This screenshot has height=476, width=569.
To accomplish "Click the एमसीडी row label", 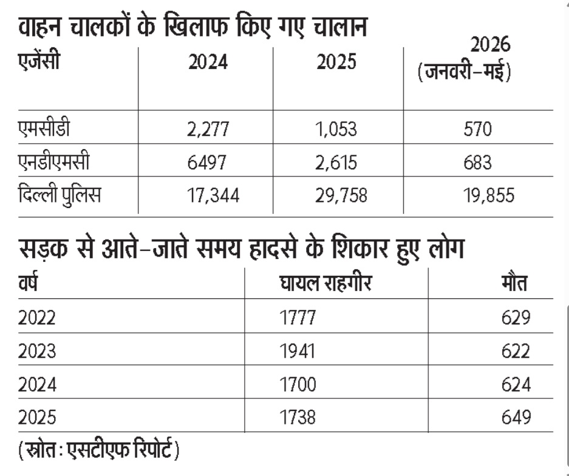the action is pyautogui.click(x=44, y=128).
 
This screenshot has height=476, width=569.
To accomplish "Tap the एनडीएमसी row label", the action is pyautogui.click(x=53, y=161).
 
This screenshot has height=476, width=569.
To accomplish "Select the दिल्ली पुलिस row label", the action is pyautogui.click(x=60, y=195).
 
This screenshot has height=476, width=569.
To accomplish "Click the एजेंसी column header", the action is pyautogui.click(x=39, y=61).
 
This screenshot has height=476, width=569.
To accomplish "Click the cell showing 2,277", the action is pyautogui.click(x=208, y=129).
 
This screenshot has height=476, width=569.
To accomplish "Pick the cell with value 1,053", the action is pyautogui.click(x=336, y=129).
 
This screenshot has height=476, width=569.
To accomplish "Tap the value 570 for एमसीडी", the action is pyautogui.click(x=477, y=129).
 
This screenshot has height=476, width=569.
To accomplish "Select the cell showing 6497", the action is pyautogui.click(x=207, y=163).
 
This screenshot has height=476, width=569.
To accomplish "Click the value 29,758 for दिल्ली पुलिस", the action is pyautogui.click(x=341, y=196).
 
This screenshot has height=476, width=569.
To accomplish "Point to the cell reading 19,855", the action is pyautogui.click(x=489, y=196).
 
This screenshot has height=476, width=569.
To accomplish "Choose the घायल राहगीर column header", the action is pyautogui.click(x=326, y=283).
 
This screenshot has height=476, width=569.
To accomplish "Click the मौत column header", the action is pyautogui.click(x=515, y=283).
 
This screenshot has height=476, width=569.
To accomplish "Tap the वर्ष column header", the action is pyautogui.click(x=28, y=283).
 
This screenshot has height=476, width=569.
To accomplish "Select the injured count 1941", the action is pyautogui.click(x=297, y=351).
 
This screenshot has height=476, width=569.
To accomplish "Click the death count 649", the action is pyautogui.click(x=516, y=417).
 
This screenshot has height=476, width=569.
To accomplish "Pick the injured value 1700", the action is pyautogui.click(x=298, y=384).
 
